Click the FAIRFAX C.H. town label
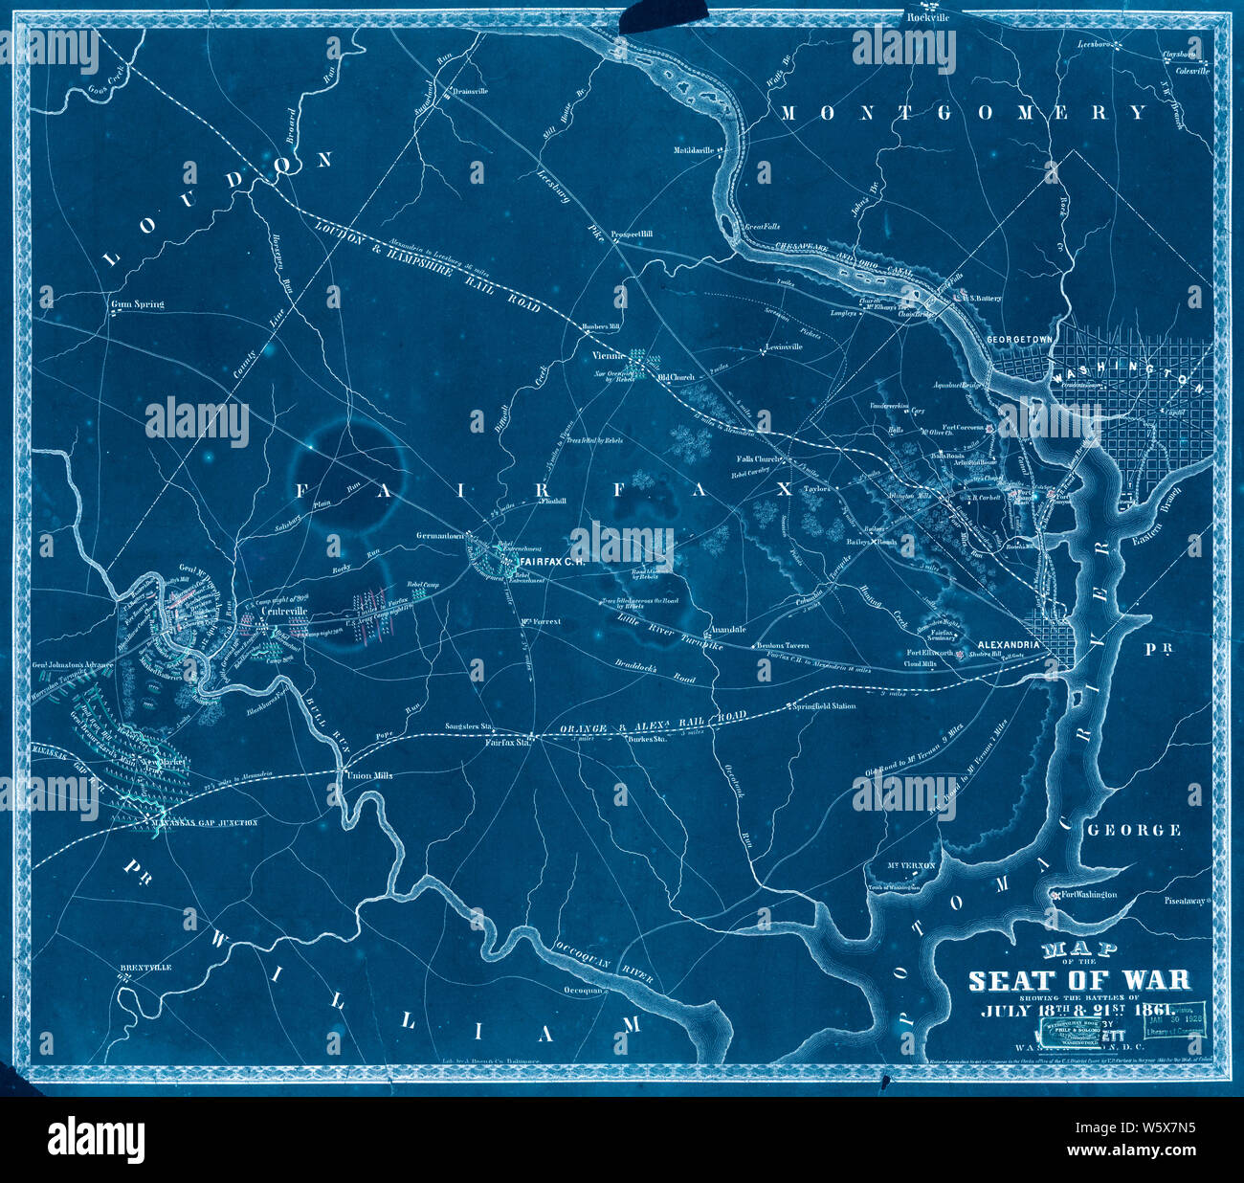pos(550,559)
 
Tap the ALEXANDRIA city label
pos(1008,645)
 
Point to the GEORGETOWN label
pos(1019,339)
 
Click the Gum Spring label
pos(138,304)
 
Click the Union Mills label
pos(367,775)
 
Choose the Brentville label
pos(145,968)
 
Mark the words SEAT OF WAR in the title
pos(1079,980)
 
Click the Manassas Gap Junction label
pos(210,822)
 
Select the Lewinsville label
pos(784,346)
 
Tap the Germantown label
pos(438,536)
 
